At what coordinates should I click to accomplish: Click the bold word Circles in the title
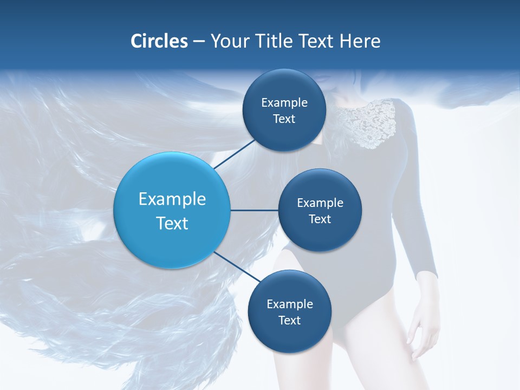(x=159, y=41)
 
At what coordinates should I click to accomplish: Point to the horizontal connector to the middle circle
(x=255, y=210)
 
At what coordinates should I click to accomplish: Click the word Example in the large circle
(x=172, y=199)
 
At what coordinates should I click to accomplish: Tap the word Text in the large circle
(x=172, y=223)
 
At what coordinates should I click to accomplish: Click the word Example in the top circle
(x=284, y=102)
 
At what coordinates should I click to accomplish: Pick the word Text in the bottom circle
(x=289, y=320)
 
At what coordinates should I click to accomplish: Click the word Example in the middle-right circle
(x=320, y=203)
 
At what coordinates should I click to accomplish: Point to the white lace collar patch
(x=374, y=124)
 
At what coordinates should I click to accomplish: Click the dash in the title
(x=199, y=42)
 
